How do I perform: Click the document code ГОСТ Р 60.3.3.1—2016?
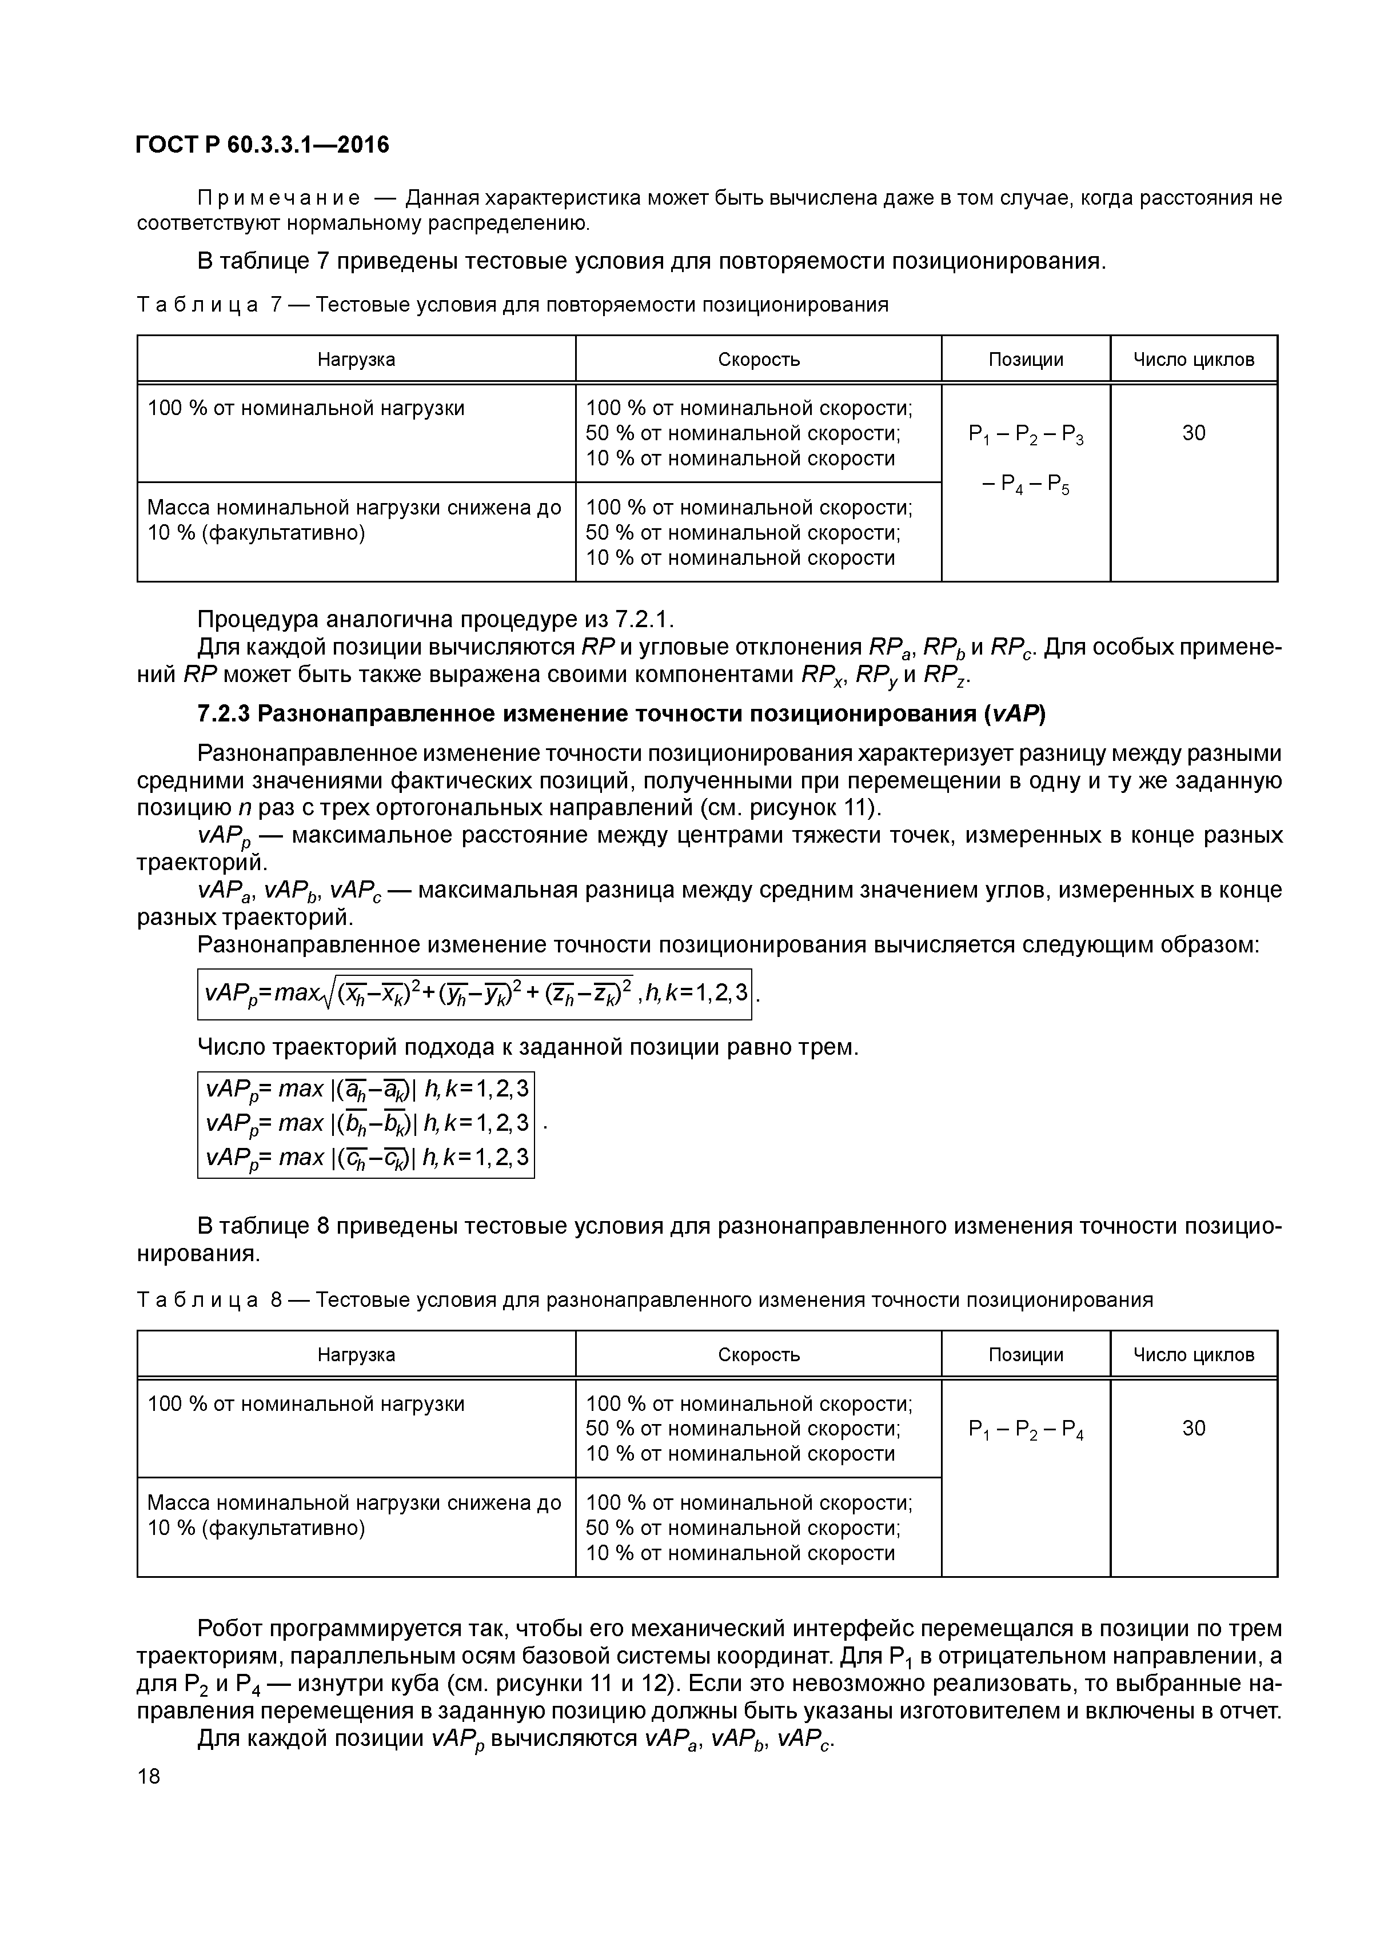262,145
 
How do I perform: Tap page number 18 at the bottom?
149,1776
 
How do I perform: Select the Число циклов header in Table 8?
1193,1354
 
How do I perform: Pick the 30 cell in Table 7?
1193,433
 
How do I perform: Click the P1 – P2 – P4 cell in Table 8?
1025,1429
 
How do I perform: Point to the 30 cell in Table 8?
1193,1429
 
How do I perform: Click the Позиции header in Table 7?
1025,359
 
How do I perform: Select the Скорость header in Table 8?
758,1354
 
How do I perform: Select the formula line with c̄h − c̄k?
366,1157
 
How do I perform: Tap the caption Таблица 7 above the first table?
209,305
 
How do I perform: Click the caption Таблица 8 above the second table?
209,1299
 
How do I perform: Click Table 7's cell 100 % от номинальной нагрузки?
306,409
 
